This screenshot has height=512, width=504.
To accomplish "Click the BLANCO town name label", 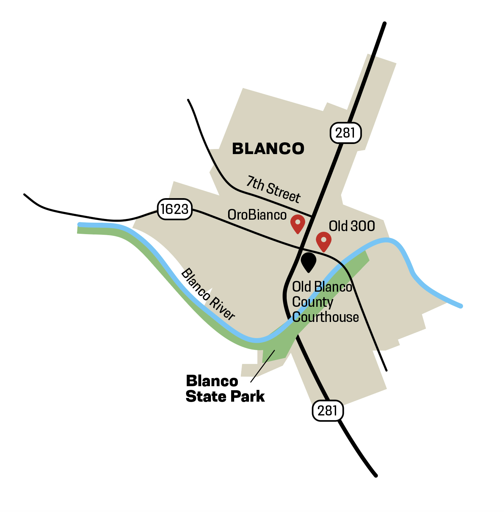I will (268, 149).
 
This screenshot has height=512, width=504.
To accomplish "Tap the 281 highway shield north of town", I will (346, 133).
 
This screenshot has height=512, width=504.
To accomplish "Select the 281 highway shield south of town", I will (328, 410).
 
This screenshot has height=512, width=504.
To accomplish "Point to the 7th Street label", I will (273, 189).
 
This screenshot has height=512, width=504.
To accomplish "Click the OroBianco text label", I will (257, 215).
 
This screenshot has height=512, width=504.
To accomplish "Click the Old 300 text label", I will (352, 226).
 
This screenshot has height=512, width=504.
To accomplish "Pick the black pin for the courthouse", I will (309, 261).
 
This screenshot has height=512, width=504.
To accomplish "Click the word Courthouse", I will (325, 317).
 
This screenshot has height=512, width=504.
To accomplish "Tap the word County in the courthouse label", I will (313, 302).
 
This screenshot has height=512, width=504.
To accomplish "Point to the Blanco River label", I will (208, 294).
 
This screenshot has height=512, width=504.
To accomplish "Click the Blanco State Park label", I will (225, 389).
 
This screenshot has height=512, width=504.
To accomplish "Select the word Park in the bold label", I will (249, 397).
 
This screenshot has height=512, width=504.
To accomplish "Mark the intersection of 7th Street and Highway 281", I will (313, 216).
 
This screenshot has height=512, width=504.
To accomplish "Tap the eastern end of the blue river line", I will (461, 306).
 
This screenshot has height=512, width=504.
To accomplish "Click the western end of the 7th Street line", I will (188, 100).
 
